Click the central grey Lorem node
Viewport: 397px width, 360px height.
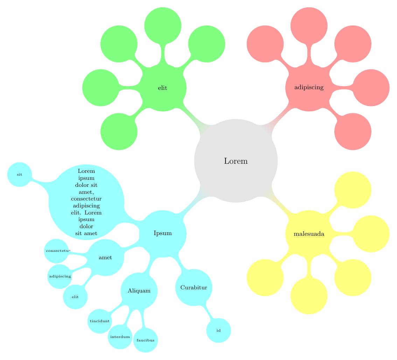pos(236,161)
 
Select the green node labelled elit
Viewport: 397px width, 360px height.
pos(162,88)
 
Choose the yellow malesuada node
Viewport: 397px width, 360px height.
pos(308,234)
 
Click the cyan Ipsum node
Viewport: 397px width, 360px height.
pos(162,233)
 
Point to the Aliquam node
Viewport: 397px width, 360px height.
pos(139,291)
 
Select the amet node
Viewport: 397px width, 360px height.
pos(105,257)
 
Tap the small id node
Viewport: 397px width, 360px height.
pos(218,330)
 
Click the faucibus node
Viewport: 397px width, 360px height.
pos(146,340)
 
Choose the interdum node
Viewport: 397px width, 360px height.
pos(120,337)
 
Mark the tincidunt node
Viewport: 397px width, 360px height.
pos(100,321)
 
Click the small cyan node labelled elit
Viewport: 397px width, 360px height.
pos(75,297)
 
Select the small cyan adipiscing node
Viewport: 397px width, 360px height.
pos(60,276)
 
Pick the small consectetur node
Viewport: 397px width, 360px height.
pos(57,251)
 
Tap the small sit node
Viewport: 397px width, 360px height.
pos(20,174)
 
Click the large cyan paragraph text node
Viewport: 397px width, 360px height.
pos(86,202)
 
